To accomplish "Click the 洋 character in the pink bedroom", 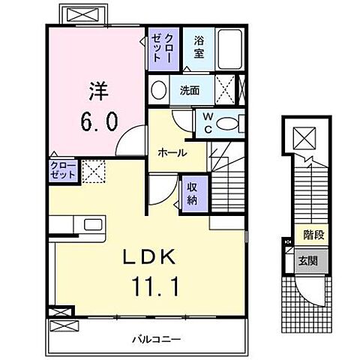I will click(x=99, y=91).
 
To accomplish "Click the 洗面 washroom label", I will click(x=189, y=91).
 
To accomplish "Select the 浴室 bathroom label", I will click(x=199, y=48).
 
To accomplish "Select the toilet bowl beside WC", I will click(x=229, y=122).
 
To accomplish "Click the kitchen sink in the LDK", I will click(x=94, y=223).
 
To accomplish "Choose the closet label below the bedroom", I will click(x=63, y=169).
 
